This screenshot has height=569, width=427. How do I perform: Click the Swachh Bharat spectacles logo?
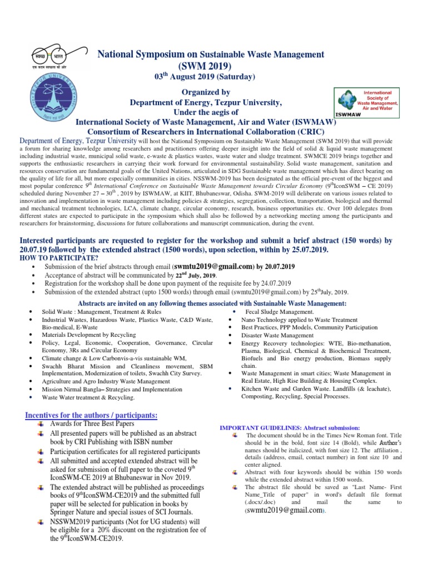[x=48, y=57]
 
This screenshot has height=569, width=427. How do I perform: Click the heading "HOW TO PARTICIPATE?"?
[x=58, y=258]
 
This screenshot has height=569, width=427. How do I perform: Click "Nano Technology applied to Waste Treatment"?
[x=299, y=320]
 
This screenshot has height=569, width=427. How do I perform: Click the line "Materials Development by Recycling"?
[x=89, y=335]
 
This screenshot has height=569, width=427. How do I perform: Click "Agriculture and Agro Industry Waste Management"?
[x=106, y=382]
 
